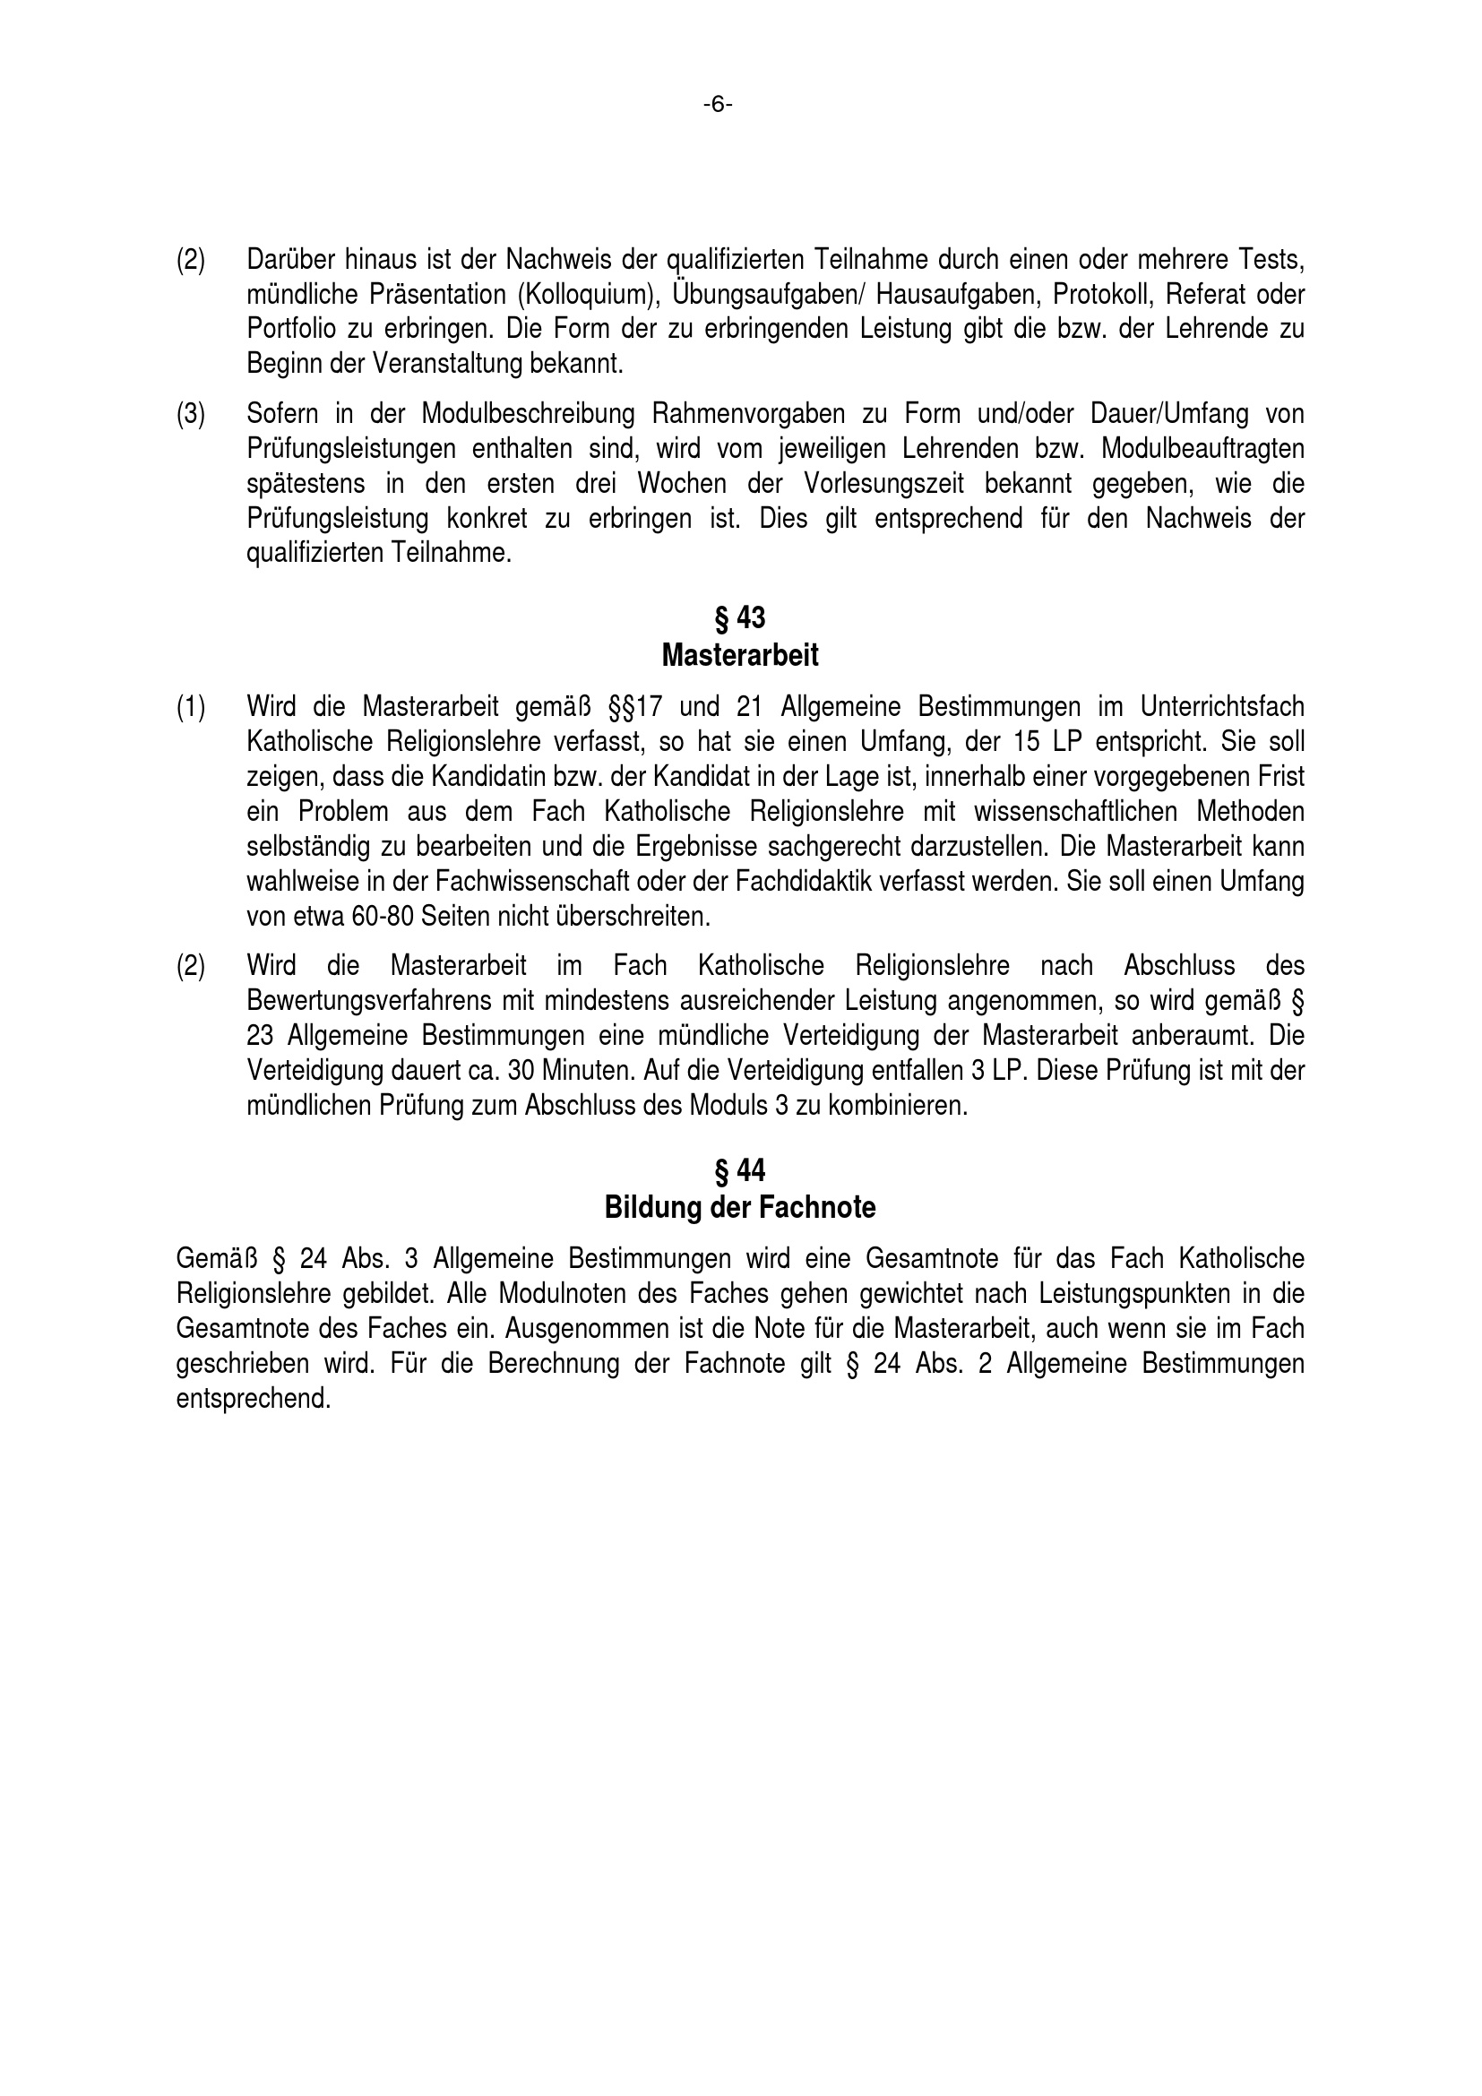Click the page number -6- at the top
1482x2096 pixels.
718,106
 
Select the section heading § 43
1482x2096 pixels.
740,618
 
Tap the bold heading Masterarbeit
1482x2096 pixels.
740,655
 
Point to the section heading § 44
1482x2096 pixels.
740,1170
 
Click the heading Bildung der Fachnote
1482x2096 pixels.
740,1208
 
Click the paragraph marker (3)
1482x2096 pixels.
191,415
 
